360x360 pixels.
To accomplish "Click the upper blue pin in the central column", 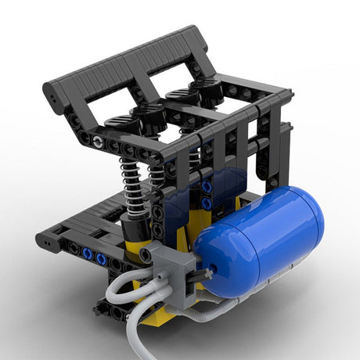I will pyautogui.click(x=206, y=187).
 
